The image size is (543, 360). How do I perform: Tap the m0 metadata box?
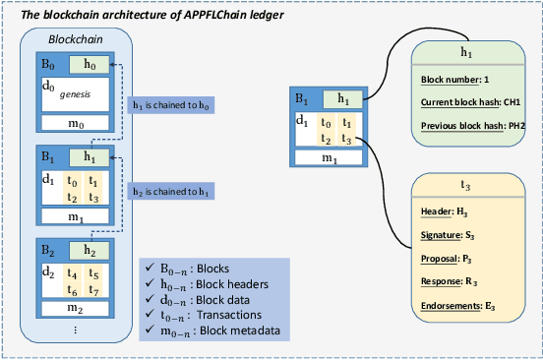pyautogui.click(x=74, y=124)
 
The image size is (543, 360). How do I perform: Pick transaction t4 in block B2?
pyautogui.click(x=72, y=274)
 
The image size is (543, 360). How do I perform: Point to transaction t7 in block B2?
pyautogui.click(x=91, y=289)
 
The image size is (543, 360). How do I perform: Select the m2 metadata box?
pyautogui.click(x=74, y=309)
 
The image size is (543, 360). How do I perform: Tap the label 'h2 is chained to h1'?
pyautogui.click(x=170, y=188)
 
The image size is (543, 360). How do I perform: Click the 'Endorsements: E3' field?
pyautogui.click(x=449, y=306)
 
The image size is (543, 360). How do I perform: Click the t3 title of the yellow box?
pyautogui.click(x=467, y=184)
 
